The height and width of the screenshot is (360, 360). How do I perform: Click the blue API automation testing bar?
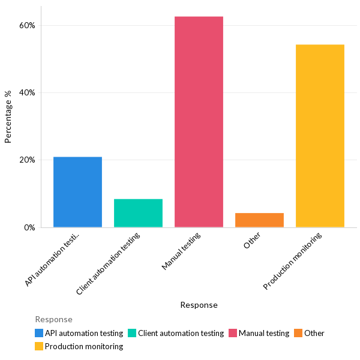point(77,192)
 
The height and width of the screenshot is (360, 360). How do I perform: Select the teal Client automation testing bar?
point(138,213)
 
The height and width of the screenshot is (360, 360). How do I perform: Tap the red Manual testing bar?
point(199,122)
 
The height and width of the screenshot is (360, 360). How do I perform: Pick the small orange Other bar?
point(259,220)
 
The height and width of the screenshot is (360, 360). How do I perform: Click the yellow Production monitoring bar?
point(320,136)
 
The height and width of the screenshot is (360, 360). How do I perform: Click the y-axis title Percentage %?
point(8,116)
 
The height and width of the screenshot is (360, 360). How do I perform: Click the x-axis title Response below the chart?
point(199,305)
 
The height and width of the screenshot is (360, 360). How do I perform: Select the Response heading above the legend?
point(53,319)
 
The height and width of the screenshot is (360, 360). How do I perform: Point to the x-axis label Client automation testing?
point(109,263)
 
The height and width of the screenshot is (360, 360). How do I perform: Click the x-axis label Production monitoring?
point(293,262)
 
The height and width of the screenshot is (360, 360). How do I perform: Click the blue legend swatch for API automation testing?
point(39,333)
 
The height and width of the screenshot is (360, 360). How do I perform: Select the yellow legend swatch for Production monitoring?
point(39,346)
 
